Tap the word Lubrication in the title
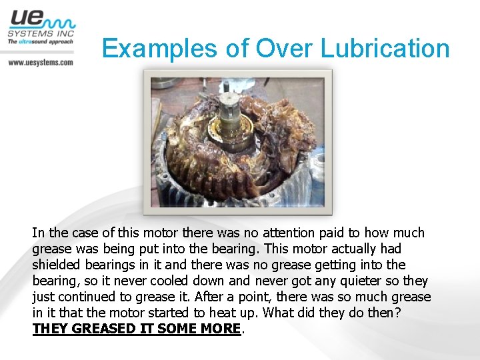386,49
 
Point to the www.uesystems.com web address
40,62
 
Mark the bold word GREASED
102,329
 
